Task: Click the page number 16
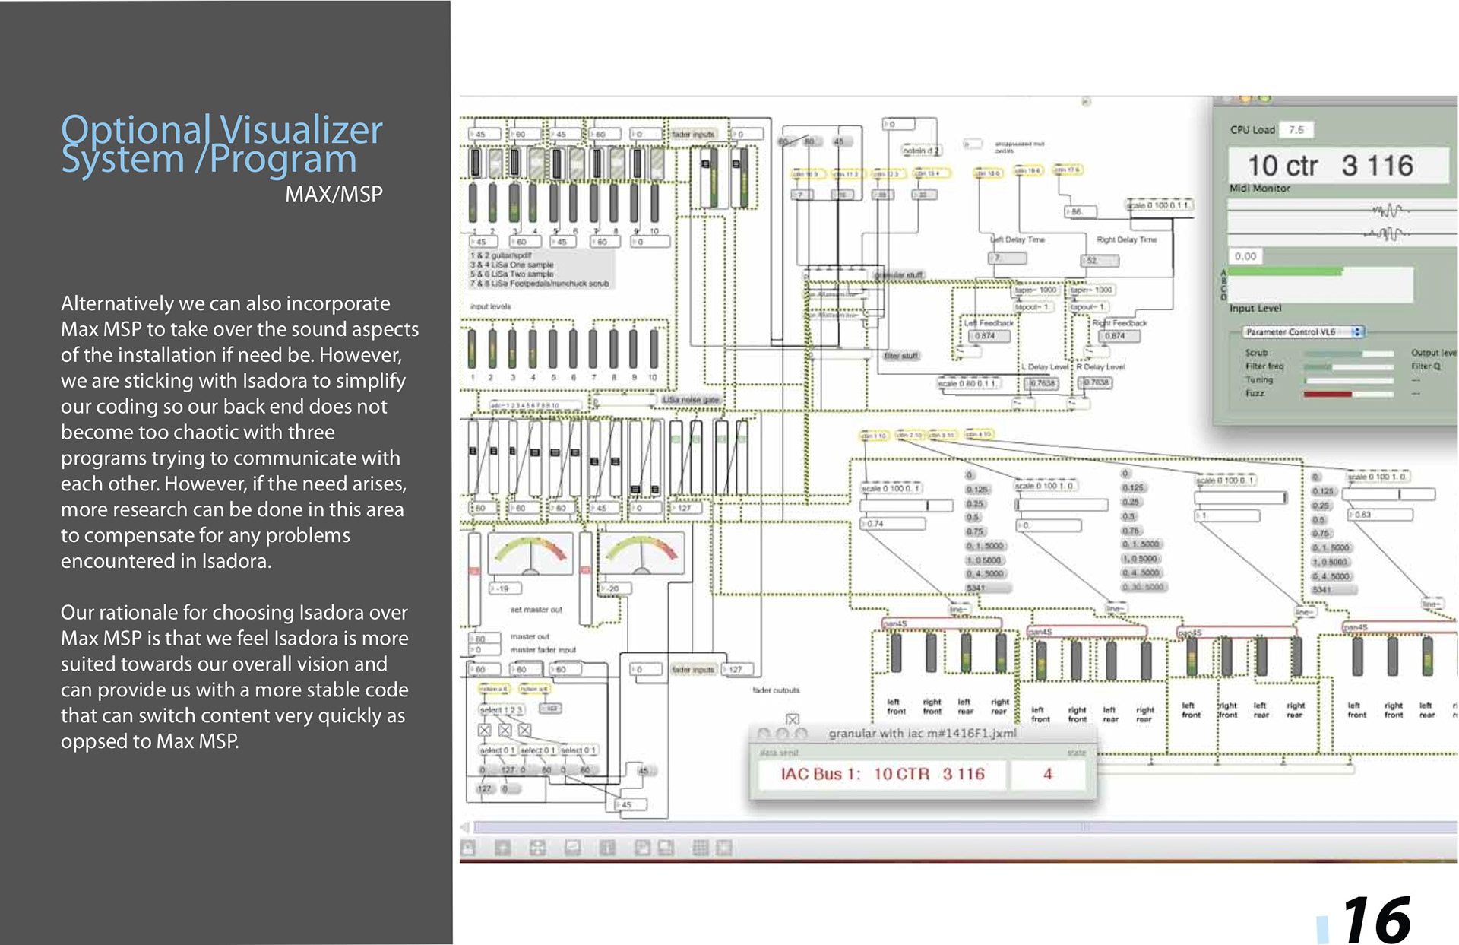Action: (1376, 919)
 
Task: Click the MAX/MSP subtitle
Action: (334, 195)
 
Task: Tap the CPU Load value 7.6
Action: (1296, 130)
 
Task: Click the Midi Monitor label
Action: (1259, 188)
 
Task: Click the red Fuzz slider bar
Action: (1328, 394)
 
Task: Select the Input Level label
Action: (1255, 308)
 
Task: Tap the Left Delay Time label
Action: (1018, 239)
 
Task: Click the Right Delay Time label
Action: (1126, 239)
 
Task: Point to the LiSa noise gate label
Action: (690, 399)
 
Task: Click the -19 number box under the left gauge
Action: (504, 588)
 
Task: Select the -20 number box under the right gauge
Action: (613, 588)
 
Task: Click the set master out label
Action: (536, 610)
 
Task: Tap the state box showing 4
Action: (1047, 774)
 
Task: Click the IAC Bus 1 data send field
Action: (882, 774)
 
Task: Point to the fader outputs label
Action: (776, 690)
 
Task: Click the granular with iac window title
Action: (922, 734)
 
